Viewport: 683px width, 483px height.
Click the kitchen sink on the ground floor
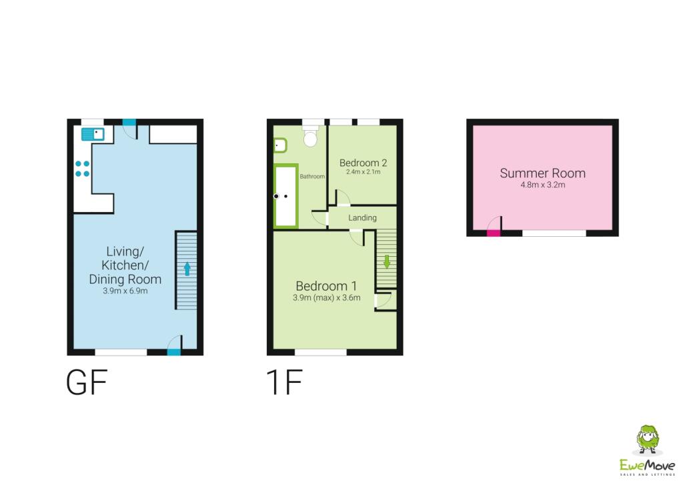click(93, 134)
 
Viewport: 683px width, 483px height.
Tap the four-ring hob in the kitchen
click(82, 169)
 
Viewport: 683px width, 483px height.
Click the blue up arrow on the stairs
click(187, 269)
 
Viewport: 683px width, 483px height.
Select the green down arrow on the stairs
click(386, 262)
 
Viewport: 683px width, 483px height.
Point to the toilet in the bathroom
click(310, 136)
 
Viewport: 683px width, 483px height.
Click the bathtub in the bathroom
click(285, 196)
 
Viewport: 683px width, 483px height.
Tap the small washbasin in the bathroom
click(280, 145)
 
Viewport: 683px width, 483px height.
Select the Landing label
click(362, 217)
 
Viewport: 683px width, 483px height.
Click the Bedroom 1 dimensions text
click(327, 298)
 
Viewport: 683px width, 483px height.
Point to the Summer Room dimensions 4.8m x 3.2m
click(543, 185)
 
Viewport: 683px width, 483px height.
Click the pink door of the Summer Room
click(494, 233)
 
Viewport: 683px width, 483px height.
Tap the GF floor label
click(87, 382)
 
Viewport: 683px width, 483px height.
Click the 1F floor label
click(284, 382)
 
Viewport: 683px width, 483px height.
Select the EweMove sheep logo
click(648, 440)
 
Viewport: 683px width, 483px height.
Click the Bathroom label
click(312, 176)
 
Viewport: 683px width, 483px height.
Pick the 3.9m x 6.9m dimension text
click(125, 291)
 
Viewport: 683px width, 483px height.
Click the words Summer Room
click(543, 173)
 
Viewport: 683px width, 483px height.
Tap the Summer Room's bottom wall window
click(554, 233)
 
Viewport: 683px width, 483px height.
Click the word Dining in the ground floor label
click(106, 279)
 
